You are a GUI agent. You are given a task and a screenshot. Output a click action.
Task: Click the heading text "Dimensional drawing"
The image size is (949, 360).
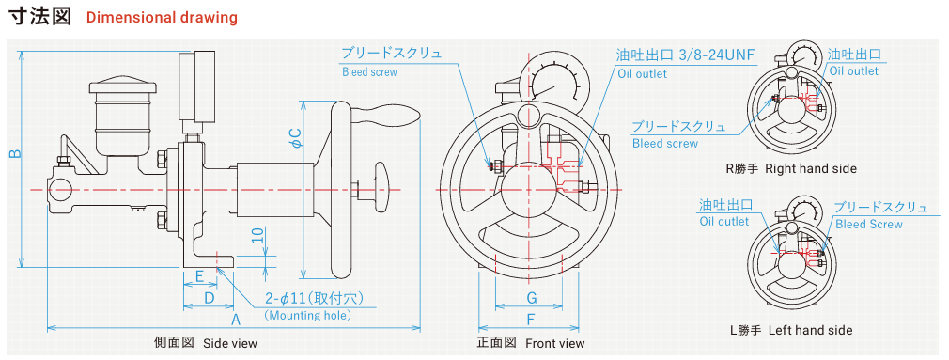pos(162,17)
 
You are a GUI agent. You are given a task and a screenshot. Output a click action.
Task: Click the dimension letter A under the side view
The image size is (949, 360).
pos(237,319)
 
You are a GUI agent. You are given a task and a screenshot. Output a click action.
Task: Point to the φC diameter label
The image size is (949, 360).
pos(296,138)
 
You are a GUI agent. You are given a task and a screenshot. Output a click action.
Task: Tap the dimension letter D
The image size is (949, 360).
pos(209,298)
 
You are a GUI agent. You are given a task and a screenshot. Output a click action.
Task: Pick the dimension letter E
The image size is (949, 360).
pos(200,276)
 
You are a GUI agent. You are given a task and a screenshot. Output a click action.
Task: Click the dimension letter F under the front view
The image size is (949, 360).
pos(531,320)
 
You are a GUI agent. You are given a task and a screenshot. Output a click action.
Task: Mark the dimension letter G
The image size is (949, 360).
pos(531,298)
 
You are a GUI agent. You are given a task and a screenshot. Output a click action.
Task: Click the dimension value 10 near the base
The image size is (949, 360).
pos(259,234)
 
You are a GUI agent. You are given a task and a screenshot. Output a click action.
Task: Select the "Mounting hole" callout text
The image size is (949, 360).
pos(308,315)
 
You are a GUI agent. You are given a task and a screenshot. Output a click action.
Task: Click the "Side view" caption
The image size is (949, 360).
pos(230,344)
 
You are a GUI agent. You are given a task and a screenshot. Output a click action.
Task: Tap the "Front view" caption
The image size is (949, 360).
pos(555,344)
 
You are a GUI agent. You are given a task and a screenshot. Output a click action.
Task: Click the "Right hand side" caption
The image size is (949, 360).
pos(811,169)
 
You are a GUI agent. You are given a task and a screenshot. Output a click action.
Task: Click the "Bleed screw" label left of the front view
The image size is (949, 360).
pos(370,72)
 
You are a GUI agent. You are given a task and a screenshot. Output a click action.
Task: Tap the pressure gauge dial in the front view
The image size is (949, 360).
pos(553,81)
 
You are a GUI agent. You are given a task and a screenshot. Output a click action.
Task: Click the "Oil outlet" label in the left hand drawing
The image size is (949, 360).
pos(724,222)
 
